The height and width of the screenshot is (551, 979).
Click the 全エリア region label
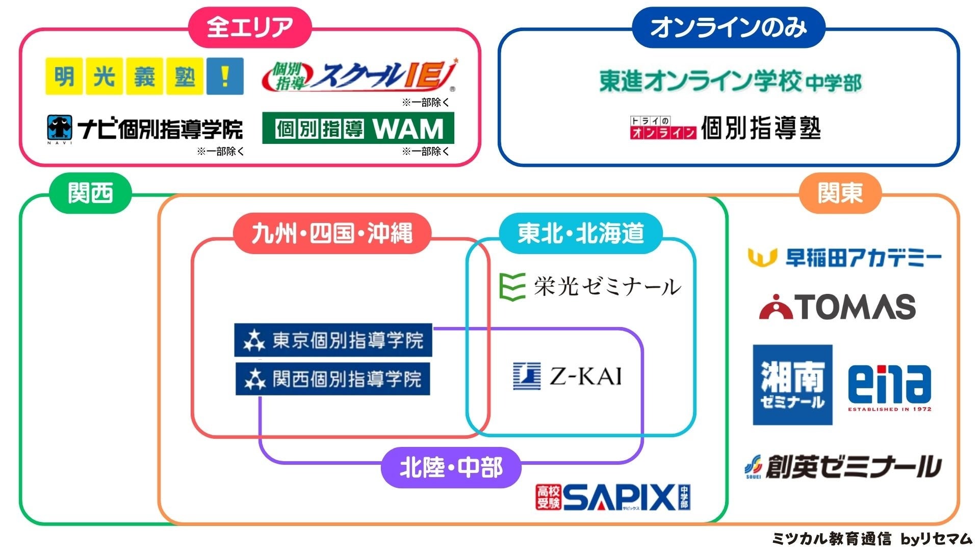(x=250, y=28)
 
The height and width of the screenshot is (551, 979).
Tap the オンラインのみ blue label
(x=728, y=28)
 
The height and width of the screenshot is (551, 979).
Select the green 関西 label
(x=90, y=193)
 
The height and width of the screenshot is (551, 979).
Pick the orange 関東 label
(x=840, y=193)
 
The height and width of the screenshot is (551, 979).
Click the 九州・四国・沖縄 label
(x=332, y=233)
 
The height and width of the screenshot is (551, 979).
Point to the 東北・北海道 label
(x=581, y=233)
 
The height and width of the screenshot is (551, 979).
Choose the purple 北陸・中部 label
(x=451, y=467)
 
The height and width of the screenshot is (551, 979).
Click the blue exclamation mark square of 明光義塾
(x=225, y=77)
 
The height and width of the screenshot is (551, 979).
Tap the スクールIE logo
(x=359, y=77)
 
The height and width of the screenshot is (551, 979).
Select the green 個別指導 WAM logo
(x=358, y=128)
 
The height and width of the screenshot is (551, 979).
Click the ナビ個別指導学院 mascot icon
(x=60, y=128)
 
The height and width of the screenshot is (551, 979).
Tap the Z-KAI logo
(x=568, y=376)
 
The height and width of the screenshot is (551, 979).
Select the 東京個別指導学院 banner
(x=333, y=340)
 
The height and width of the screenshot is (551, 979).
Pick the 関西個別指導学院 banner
(x=333, y=379)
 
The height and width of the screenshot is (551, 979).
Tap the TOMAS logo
(x=837, y=307)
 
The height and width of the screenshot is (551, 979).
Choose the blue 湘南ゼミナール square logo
(x=792, y=385)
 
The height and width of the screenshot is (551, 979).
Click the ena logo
(x=889, y=386)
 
